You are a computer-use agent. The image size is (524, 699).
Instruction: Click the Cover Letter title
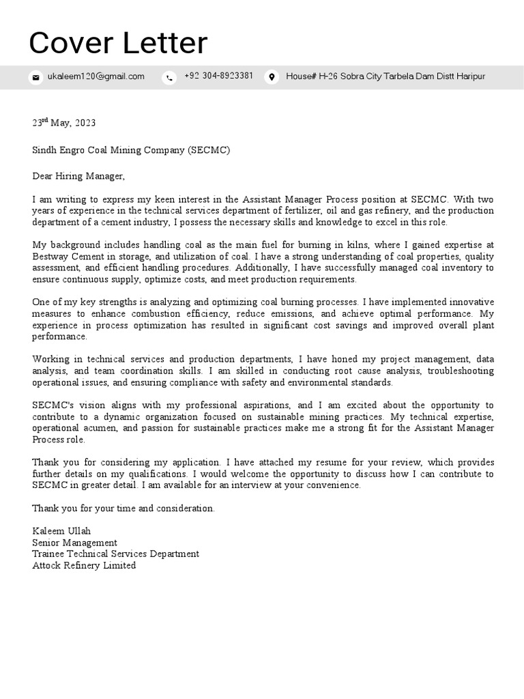tap(118, 44)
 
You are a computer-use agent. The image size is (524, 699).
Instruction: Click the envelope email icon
tap(35, 77)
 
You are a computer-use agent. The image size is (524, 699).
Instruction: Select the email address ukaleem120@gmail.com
tap(96, 76)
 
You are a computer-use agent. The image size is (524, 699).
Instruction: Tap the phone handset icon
tap(169, 77)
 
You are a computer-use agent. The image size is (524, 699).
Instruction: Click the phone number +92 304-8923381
tap(218, 76)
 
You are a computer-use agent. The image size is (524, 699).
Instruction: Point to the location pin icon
tap(271, 77)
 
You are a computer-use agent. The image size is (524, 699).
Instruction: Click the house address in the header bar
tap(385, 76)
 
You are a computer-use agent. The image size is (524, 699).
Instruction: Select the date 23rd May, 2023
tap(64, 123)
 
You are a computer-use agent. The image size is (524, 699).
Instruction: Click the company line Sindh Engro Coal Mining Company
tap(131, 149)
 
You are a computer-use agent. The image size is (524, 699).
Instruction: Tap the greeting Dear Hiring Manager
tap(78, 176)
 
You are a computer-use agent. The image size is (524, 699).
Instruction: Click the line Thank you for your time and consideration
tap(123, 508)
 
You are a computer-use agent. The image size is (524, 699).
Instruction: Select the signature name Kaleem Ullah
tap(61, 531)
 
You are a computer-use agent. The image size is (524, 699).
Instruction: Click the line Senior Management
tap(74, 543)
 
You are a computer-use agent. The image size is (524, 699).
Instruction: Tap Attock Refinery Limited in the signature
tap(84, 565)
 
